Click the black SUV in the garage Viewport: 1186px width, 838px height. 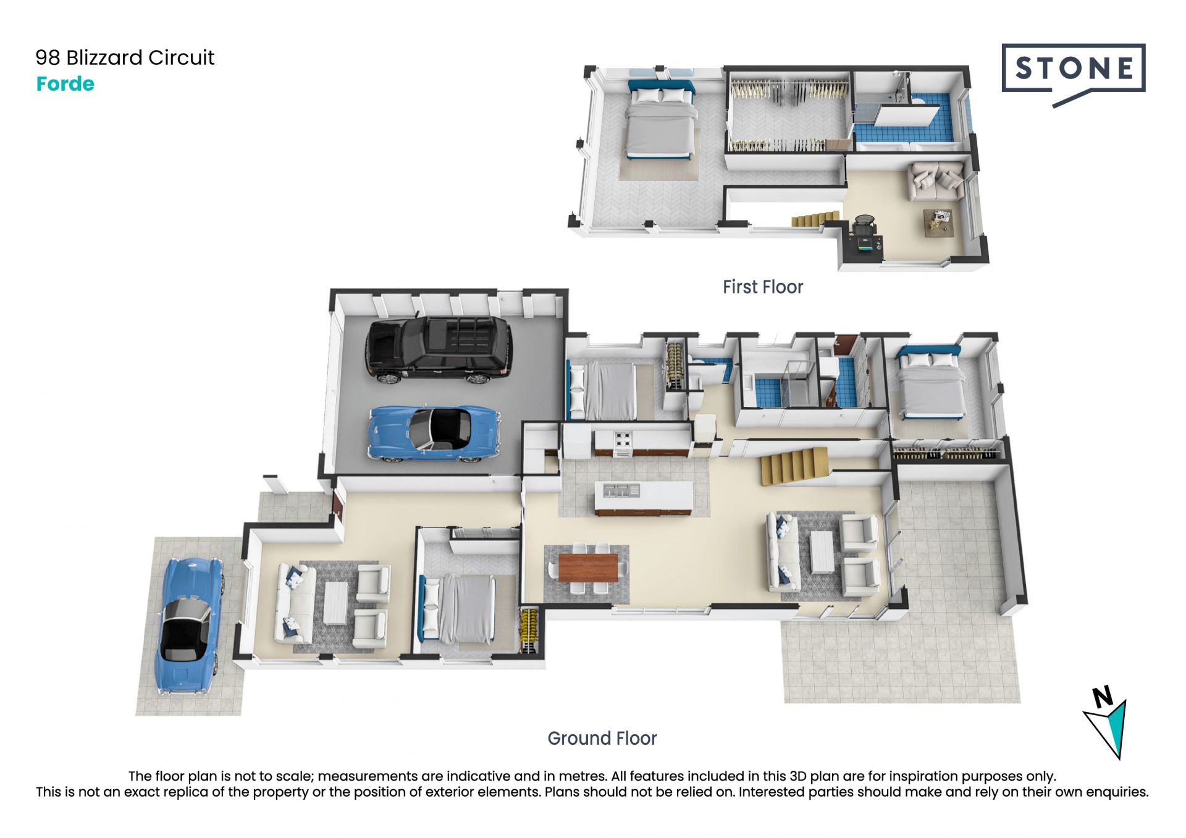[439, 350]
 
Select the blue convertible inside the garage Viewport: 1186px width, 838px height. [434, 434]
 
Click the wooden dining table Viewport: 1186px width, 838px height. [588, 568]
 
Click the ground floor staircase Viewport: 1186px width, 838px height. [794, 466]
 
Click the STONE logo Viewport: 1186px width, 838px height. [1074, 74]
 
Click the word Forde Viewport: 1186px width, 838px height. [65, 83]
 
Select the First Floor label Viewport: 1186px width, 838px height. [763, 287]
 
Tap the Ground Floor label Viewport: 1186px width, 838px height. [602, 738]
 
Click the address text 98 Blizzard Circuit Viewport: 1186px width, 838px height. [125, 57]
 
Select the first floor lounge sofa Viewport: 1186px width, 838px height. [935, 182]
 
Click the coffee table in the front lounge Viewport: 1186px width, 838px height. [336, 603]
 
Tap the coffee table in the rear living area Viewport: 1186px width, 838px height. [822, 552]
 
